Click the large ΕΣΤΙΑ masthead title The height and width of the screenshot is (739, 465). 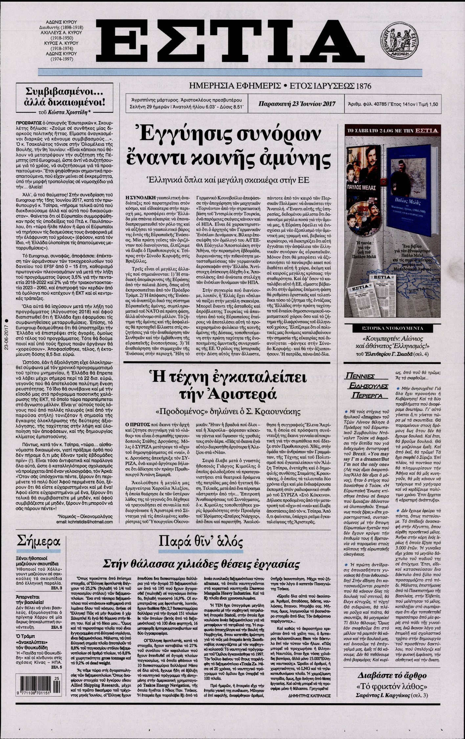click(227, 39)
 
